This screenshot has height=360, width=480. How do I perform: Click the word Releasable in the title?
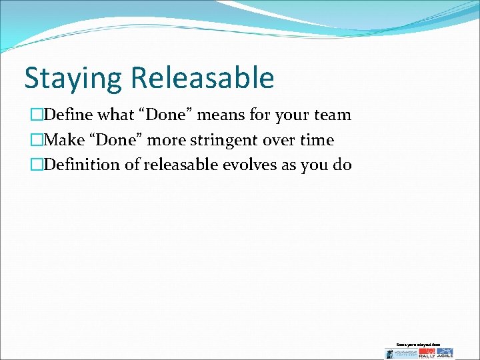pyautogui.click(x=202, y=77)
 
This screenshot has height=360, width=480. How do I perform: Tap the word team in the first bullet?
pyautogui.click(x=332, y=115)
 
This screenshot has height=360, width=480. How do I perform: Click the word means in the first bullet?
pyautogui.click(x=231, y=115)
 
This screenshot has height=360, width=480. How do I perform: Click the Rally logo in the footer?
pyautogui.click(x=428, y=353)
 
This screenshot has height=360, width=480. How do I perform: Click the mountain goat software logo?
pyautogui.click(x=401, y=353)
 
